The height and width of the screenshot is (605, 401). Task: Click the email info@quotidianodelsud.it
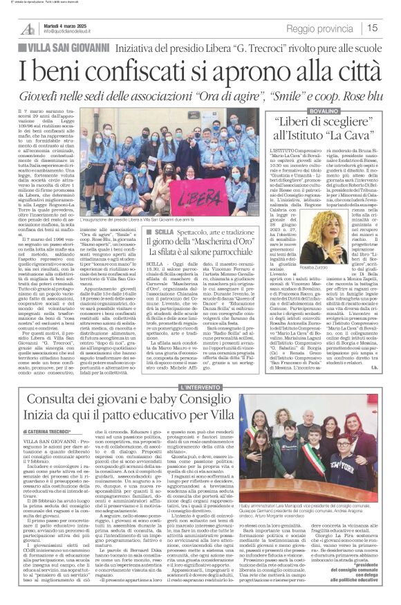68,33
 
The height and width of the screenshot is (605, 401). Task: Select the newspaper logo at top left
28,28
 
